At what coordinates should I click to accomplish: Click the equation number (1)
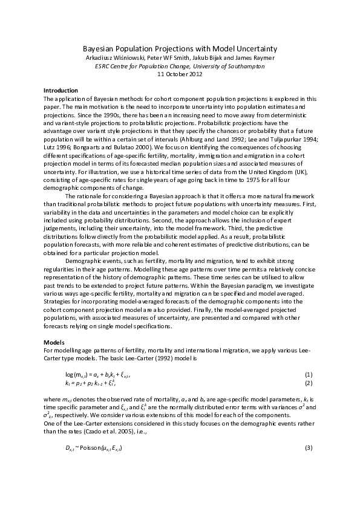[x=308, y=375]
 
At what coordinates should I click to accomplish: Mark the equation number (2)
[x=308, y=383]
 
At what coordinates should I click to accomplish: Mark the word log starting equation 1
[x=68, y=375]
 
